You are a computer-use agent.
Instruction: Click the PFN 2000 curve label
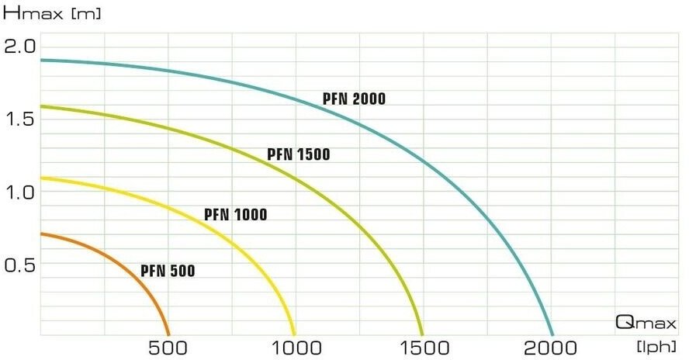(x=354, y=99)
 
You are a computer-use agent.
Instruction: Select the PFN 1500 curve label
(x=299, y=154)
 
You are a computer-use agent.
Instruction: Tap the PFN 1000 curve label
(x=235, y=214)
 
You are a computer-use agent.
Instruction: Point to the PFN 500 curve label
(x=168, y=271)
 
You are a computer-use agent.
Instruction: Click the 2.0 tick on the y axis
(x=20, y=46)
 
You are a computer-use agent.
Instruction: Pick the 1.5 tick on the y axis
(x=20, y=119)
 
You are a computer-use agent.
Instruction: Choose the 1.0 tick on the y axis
(x=20, y=192)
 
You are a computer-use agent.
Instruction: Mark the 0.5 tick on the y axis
(x=20, y=265)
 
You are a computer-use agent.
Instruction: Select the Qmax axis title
(x=646, y=321)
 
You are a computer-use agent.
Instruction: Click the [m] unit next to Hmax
(x=86, y=14)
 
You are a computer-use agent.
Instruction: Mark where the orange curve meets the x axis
(x=168, y=334)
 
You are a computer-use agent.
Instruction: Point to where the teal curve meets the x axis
(x=552, y=334)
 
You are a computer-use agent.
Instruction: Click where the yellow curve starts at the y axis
(x=40, y=178)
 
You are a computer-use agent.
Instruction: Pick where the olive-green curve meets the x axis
(x=423, y=334)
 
